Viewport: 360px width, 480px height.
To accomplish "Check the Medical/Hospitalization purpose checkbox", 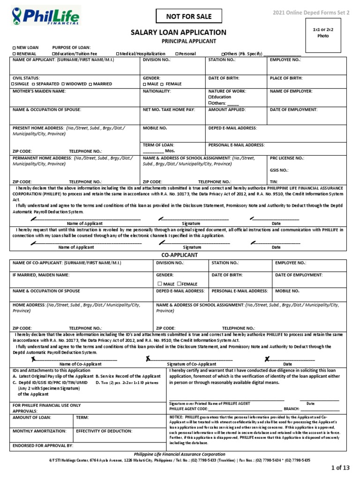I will click(118, 54).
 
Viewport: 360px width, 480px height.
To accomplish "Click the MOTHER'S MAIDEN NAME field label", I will click(39, 91).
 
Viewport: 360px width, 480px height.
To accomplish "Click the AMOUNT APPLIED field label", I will click(227, 109).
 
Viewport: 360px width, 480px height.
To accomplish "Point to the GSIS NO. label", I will click(279, 171).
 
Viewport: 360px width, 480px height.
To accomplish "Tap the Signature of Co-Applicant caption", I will click(192, 364).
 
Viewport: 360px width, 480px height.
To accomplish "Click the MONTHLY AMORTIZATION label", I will click(37, 430).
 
